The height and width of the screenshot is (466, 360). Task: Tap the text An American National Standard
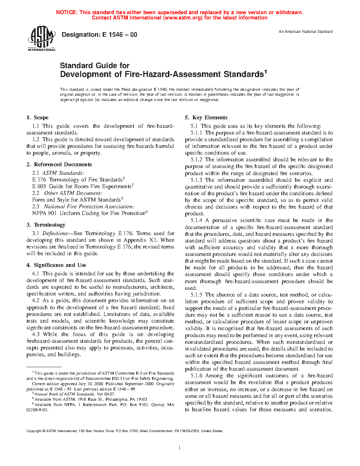[306, 32]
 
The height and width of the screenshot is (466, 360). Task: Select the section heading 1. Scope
[37, 118]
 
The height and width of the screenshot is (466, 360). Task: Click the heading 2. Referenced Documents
[59, 165]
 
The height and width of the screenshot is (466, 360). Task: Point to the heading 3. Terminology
[46, 225]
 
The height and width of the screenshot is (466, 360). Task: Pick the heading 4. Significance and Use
[56, 265]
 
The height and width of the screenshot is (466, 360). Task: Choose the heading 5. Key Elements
[206, 118]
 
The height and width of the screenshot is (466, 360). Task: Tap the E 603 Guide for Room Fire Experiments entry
[82, 186]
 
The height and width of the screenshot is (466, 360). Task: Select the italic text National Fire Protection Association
[89, 207]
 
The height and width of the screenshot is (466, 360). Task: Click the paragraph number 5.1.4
[197, 220]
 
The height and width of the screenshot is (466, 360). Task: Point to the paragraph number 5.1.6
[197, 376]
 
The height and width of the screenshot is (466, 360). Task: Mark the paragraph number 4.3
[36, 334]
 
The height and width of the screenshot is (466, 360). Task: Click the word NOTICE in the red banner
[66, 12]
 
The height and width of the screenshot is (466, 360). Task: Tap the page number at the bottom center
[180, 448]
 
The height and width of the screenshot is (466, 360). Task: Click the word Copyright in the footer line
[34, 431]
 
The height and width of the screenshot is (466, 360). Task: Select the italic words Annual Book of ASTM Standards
[64, 394]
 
